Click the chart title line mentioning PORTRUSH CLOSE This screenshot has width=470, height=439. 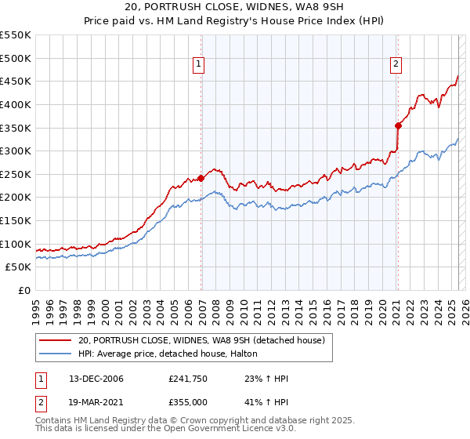[234, 7]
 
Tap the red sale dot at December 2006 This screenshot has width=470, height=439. [201, 178]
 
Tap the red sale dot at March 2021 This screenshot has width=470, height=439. [398, 125]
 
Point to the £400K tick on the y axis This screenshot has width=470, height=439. [16, 104]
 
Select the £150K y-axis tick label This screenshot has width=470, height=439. [16, 220]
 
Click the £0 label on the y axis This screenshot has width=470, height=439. [23, 290]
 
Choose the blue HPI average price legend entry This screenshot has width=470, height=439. [173, 354]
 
